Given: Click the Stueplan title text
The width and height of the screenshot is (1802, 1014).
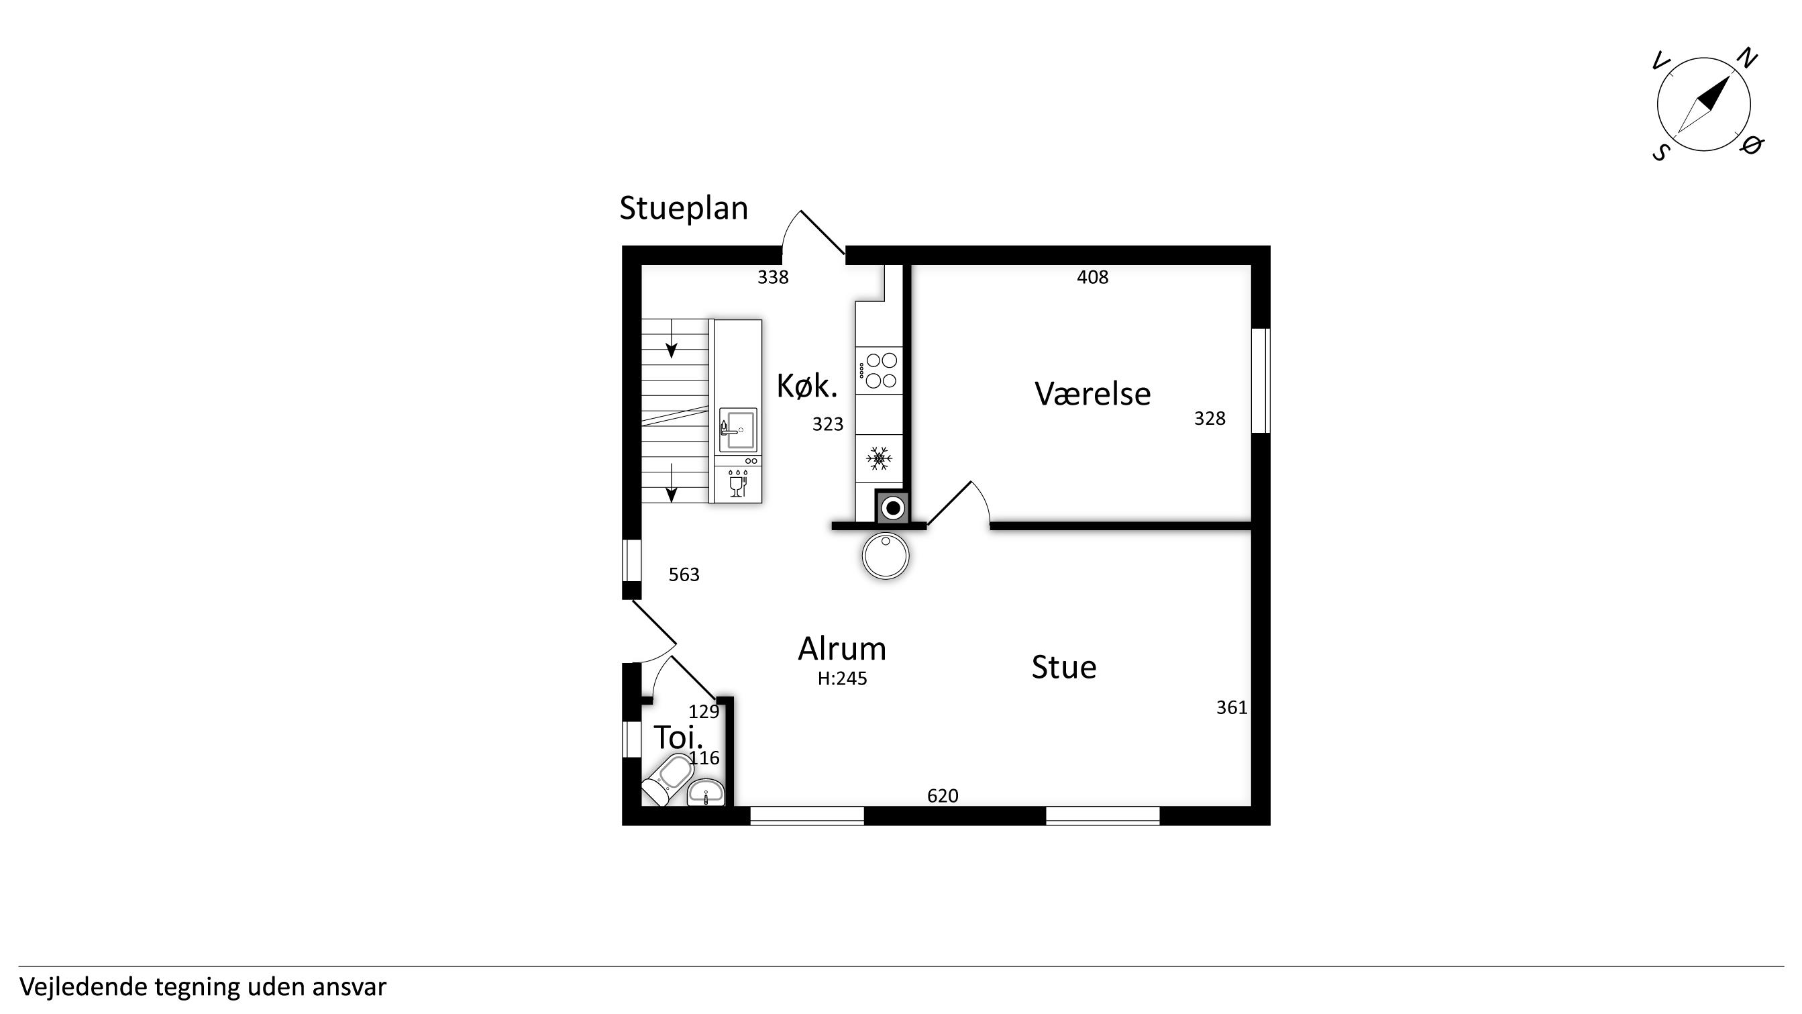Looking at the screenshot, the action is coord(684,209).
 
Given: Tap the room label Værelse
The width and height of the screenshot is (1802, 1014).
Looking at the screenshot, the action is coord(1092,394).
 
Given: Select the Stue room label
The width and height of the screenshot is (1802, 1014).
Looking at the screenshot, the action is coord(1063,667).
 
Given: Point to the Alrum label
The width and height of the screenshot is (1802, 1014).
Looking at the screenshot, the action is coord(842,649).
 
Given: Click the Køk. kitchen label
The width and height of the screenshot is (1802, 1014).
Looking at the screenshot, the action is coord(806,387).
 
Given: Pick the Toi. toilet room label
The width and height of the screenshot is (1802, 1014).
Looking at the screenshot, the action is coord(678,737).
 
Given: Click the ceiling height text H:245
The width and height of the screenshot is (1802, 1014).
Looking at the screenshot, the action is coord(842,679).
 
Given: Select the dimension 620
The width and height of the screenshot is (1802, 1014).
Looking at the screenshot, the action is coord(943,796).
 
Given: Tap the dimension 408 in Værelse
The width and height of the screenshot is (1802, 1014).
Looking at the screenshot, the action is coord(1093,277).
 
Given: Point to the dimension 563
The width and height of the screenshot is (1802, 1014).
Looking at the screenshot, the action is coord(684,574).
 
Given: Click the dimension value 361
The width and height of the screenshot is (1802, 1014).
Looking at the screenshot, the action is coord(1232,707).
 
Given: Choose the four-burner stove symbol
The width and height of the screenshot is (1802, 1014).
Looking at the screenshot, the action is coord(880,370).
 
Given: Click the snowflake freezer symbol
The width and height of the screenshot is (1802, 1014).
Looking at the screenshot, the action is coord(879,458).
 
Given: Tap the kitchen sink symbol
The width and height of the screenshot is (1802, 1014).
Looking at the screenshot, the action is coord(738,429).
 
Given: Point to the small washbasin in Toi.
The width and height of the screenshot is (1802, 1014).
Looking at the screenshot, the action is coord(706,793).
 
